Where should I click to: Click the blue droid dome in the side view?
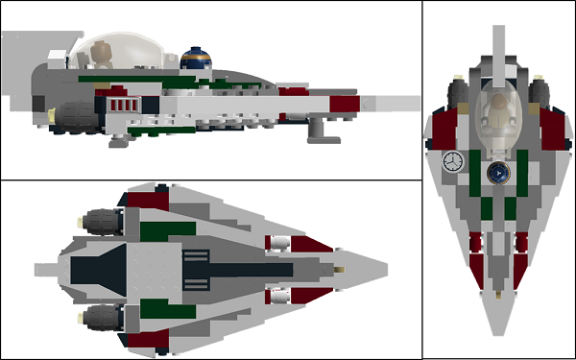point(194,59)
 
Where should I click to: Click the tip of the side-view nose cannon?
point(419,100)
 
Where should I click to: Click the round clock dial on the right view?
point(452,161)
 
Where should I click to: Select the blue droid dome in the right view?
point(499,173)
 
